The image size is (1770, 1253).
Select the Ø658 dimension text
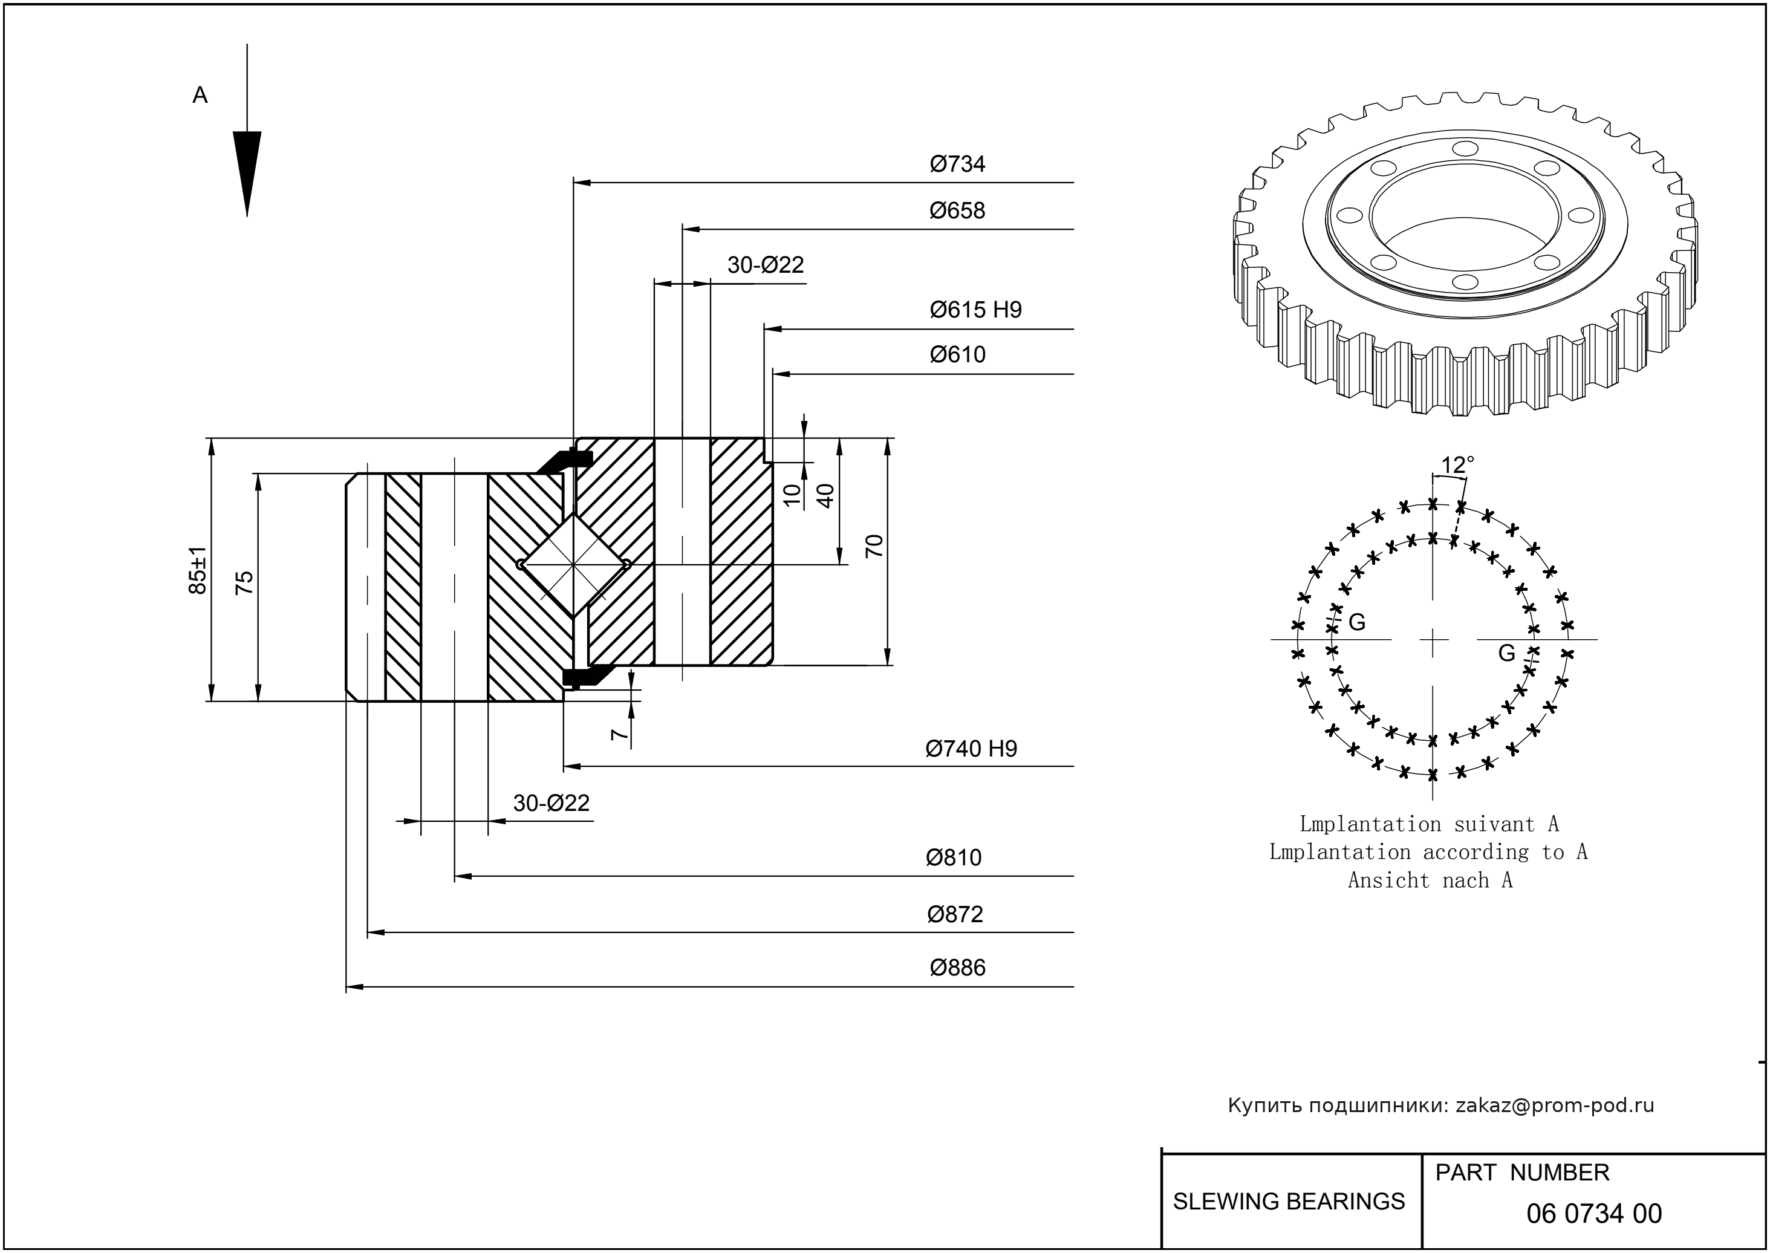[957, 210]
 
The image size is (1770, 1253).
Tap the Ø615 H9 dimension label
[975, 310]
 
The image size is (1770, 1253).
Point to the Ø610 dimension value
[957, 355]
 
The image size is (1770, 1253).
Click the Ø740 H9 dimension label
[971, 749]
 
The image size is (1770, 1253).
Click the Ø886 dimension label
[957, 968]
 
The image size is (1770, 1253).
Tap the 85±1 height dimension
[198, 570]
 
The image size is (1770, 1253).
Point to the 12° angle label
[1457, 465]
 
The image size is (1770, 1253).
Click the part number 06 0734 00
[1593, 1214]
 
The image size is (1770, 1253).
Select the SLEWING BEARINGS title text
[1289, 1202]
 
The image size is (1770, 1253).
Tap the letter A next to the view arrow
[200, 96]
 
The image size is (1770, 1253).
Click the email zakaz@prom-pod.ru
[1554, 1105]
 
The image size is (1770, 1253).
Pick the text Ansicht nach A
[1430, 880]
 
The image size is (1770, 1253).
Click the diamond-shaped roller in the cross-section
[573, 565]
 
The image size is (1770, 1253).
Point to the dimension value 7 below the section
[619, 734]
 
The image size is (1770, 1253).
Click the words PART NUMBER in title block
[1521, 1173]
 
